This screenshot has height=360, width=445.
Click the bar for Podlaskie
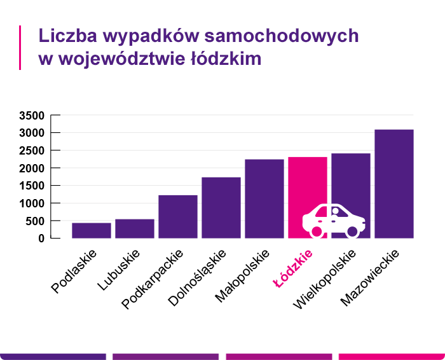click(92, 230)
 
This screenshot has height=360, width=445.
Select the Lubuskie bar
click(135, 228)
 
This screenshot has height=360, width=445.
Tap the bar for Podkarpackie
click(178, 216)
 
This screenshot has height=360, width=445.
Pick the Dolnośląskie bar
click(221, 207)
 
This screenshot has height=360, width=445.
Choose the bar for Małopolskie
click(264, 198)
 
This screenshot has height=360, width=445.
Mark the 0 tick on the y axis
click(40, 239)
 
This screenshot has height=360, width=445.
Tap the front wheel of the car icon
click(353, 232)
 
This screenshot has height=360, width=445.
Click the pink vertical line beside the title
click(20, 47)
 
